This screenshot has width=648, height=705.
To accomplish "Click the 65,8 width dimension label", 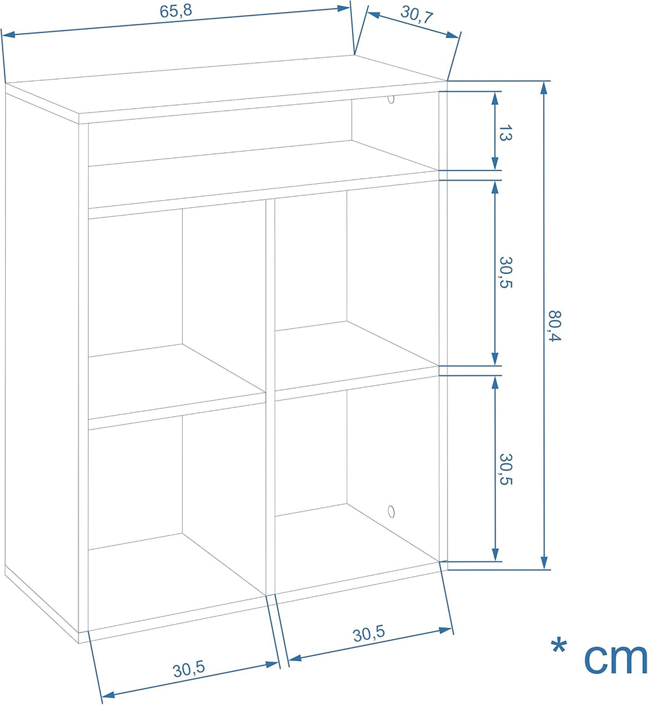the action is (x=176, y=11).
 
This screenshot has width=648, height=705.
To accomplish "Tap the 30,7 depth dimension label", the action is (x=417, y=14).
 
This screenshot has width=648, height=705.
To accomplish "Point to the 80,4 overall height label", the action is (x=555, y=326).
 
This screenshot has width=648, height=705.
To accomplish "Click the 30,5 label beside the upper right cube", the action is (x=506, y=272).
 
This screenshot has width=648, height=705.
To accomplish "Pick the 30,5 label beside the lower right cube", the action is (x=506, y=469).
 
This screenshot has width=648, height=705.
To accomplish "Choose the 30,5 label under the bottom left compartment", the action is (x=189, y=669).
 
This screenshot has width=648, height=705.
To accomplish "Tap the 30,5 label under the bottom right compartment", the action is (x=369, y=634).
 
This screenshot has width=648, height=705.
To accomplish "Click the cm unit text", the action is (x=616, y=658).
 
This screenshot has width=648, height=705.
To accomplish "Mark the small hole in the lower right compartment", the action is (x=391, y=511).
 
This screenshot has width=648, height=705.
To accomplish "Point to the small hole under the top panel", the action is (x=391, y=99).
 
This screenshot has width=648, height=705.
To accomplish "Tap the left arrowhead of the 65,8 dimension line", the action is (x=8, y=34).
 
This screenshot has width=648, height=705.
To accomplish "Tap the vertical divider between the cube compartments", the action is (x=270, y=396).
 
